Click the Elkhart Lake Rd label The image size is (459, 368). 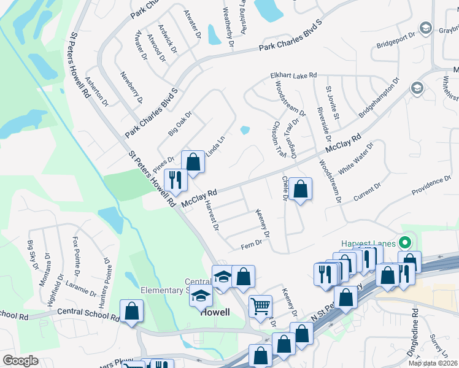(293, 75)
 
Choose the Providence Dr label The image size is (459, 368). (431, 185)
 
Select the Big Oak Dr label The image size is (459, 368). (180, 123)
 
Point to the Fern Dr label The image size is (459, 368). (252, 243)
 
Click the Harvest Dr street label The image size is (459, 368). (212, 215)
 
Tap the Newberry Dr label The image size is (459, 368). (131, 87)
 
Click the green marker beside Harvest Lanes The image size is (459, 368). (404, 241)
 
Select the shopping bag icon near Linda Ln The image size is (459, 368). (193, 163)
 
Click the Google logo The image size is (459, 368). (20, 361)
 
